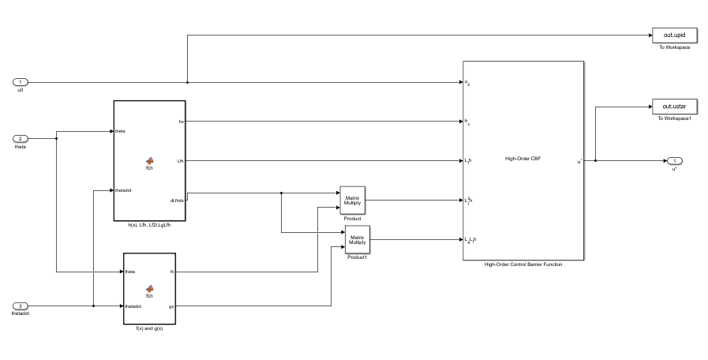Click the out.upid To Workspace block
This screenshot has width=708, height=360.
(x=672, y=36)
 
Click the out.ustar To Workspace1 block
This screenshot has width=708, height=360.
(x=672, y=107)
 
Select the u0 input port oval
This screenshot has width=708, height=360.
(x=21, y=82)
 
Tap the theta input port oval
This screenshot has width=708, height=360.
(x=21, y=139)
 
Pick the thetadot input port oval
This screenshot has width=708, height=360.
(x=21, y=306)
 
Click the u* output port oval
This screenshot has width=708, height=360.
(x=674, y=161)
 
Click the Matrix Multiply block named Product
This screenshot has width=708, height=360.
(x=352, y=201)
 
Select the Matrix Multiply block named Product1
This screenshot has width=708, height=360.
(x=358, y=239)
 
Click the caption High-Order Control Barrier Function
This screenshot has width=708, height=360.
(x=523, y=264)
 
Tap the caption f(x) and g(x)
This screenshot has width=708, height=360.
(x=149, y=328)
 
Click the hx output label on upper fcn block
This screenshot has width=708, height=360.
(x=181, y=122)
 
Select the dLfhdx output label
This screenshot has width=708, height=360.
(x=177, y=200)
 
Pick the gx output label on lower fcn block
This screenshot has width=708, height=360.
(x=171, y=306)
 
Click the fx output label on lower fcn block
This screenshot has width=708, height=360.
(x=171, y=272)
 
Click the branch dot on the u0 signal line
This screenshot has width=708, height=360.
(x=187, y=82)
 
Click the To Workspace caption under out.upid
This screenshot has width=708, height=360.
(x=674, y=47)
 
